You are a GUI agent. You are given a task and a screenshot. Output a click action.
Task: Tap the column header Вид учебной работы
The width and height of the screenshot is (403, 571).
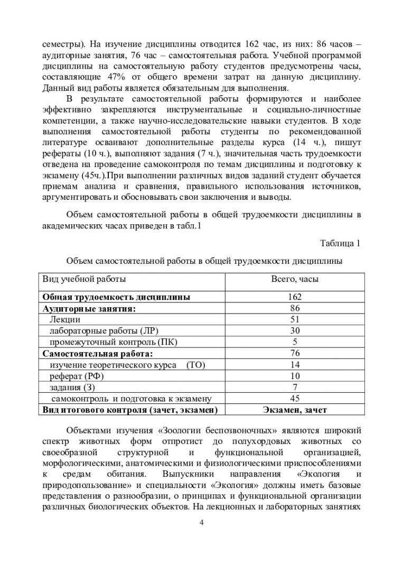tap(85, 278)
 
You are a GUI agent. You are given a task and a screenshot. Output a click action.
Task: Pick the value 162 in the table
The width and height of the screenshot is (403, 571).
tap(295, 297)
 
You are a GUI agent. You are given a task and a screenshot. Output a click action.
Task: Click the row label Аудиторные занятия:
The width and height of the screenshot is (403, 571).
tap(89, 308)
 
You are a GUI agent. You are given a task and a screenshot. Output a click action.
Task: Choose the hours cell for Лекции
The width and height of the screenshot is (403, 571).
tap(295, 319)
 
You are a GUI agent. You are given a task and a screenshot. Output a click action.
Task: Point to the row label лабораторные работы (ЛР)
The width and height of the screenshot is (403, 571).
tap(102, 331)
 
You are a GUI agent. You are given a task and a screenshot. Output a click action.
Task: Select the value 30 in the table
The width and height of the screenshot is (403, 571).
tap(295, 331)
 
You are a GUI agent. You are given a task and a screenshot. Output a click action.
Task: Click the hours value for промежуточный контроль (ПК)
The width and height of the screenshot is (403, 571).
tap(295, 342)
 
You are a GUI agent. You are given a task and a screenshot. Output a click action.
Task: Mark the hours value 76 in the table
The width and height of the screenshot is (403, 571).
tap(295, 353)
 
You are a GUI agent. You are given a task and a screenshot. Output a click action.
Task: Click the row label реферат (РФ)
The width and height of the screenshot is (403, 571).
tap(76, 376)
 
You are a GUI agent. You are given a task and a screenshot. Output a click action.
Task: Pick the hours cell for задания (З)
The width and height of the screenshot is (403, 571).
tap(295, 387)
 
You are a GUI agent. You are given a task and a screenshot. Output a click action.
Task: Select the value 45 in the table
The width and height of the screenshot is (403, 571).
tap(295, 398)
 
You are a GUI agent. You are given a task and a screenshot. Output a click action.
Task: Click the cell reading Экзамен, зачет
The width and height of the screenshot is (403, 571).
tap(295, 410)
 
